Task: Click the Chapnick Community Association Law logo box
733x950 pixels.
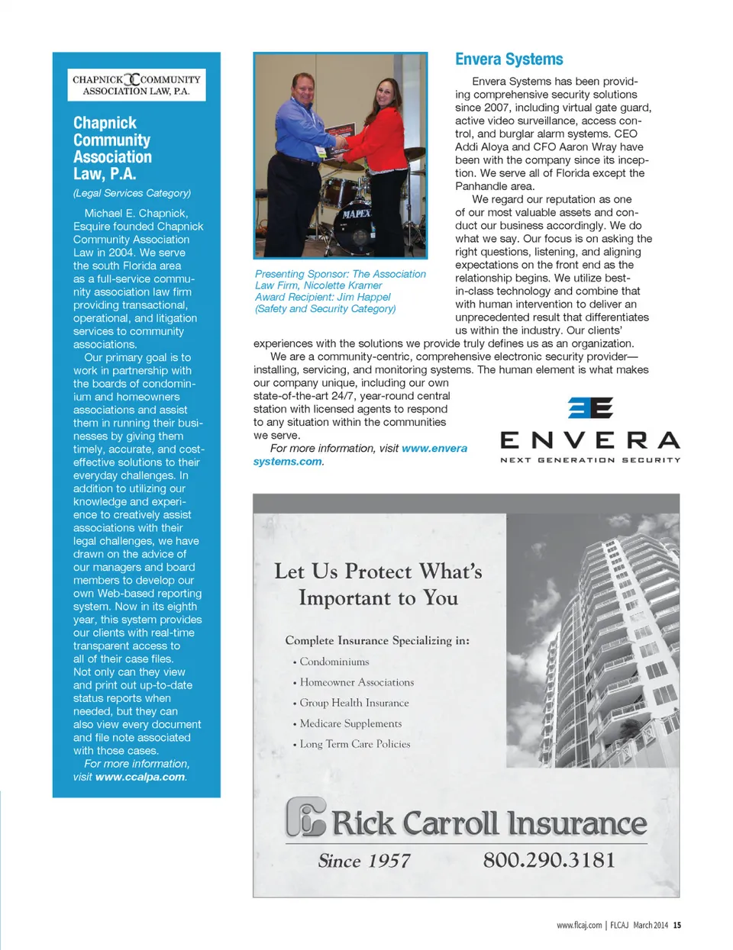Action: coord(137,85)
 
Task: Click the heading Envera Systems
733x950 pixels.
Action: coord(509,60)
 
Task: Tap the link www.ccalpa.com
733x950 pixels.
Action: coord(140,777)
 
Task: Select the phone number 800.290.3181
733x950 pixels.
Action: coord(548,860)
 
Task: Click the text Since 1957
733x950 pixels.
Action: coord(364,861)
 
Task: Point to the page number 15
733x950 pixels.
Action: coord(677,925)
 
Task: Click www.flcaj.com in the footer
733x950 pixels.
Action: coord(579,925)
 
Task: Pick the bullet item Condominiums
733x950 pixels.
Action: coord(334,662)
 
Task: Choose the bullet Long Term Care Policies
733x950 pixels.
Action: coord(354,744)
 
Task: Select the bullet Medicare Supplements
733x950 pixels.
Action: coord(350,723)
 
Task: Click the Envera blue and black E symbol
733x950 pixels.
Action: coord(590,407)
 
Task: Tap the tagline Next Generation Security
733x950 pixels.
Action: coord(589,460)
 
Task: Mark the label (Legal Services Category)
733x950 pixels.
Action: coord(132,193)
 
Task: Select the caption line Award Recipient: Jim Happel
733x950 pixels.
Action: coord(322,297)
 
